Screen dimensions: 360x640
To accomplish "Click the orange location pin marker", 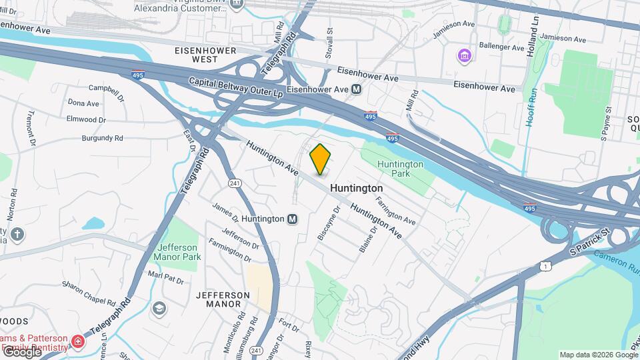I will coord(321,159).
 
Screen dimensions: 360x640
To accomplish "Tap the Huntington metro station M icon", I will coord(292,219).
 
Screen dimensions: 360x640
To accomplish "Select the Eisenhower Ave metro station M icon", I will coord(357,89).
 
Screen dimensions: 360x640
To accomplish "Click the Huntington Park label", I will coord(400,169).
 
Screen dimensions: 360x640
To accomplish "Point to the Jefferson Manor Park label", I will coord(177,251).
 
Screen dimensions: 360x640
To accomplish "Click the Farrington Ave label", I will coord(395,209).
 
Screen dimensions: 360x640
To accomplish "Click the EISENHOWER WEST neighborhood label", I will coord(197,55).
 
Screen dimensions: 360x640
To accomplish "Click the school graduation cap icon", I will coord(159,308).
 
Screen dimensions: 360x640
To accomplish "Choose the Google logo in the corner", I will coord(21,352).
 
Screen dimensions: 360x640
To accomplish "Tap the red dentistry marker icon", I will coord(79,342).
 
